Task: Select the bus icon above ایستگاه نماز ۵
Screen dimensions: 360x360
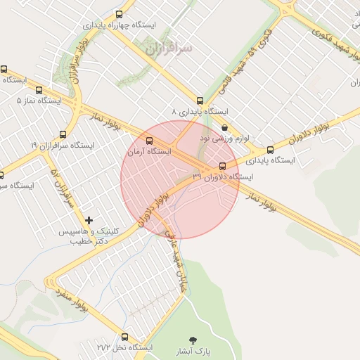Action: pyautogui.click(x=39, y=90)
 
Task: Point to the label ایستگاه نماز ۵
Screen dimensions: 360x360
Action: pyautogui.click(x=39, y=101)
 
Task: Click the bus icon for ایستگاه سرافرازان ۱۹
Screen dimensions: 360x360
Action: pyautogui.click(x=63, y=134)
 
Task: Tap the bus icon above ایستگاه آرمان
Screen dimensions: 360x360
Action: pyautogui.click(x=148, y=141)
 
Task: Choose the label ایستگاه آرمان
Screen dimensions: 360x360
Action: pyautogui.click(x=149, y=151)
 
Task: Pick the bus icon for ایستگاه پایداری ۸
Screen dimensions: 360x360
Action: pyautogui.click(x=200, y=101)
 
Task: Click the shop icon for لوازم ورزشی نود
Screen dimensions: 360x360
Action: pyautogui.click(x=224, y=128)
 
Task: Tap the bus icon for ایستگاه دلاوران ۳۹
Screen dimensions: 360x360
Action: pyautogui.click(x=223, y=166)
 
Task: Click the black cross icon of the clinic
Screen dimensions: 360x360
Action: pyautogui.click(x=89, y=221)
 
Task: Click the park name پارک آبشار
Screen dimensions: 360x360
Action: pyautogui.click(x=193, y=349)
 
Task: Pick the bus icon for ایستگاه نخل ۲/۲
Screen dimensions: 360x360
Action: pyautogui.click(x=124, y=337)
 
